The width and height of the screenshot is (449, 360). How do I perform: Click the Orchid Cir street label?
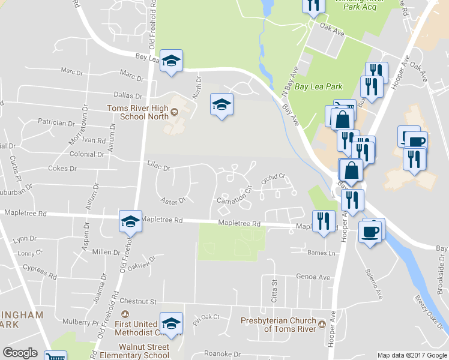(272, 178)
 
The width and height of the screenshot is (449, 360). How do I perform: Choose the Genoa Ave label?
(313, 277)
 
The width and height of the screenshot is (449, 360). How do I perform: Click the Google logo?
(20, 353)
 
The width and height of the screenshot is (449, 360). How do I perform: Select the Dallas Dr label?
(127, 95)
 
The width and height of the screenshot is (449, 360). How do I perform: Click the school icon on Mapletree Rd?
(130, 221)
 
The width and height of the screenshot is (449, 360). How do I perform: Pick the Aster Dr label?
(173, 199)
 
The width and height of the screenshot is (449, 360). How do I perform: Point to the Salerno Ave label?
(373, 284)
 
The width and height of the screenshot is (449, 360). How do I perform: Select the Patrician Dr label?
(56, 122)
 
